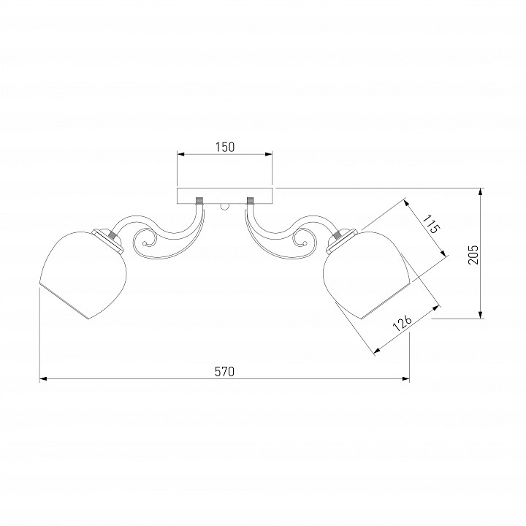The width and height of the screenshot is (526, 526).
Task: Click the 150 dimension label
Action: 225,148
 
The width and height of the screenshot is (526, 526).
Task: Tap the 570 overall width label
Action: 224,371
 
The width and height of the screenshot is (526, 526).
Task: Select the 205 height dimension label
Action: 473,255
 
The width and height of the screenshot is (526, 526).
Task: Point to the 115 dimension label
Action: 431,224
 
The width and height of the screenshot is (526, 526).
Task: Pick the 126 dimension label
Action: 403,323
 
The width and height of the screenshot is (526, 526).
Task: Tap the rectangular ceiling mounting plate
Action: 225,196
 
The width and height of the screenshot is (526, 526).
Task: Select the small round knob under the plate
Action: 225,207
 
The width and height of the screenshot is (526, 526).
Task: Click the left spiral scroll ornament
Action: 145,243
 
